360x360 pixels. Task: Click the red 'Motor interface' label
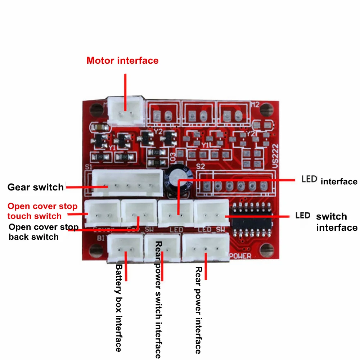(122, 60)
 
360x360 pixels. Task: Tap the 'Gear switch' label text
(36, 187)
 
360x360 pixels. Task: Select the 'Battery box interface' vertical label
(119, 308)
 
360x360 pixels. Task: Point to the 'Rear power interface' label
(198, 310)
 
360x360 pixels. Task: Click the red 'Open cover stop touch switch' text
(42, 211)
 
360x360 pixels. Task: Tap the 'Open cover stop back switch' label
(43, 232)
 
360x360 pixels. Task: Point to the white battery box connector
(125, 248)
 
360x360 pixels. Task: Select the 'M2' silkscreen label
(255, 104)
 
